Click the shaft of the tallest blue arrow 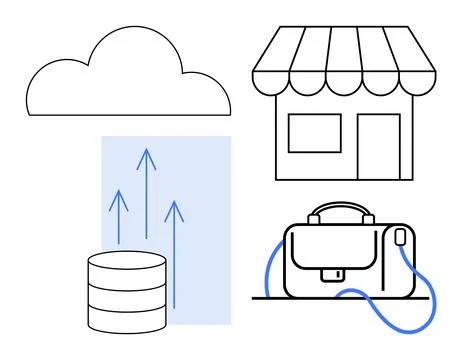[x=147, y=200]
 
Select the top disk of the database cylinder [x=127, y=262]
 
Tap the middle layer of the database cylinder [x=127, y=294]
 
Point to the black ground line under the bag [x=300, y=298]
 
